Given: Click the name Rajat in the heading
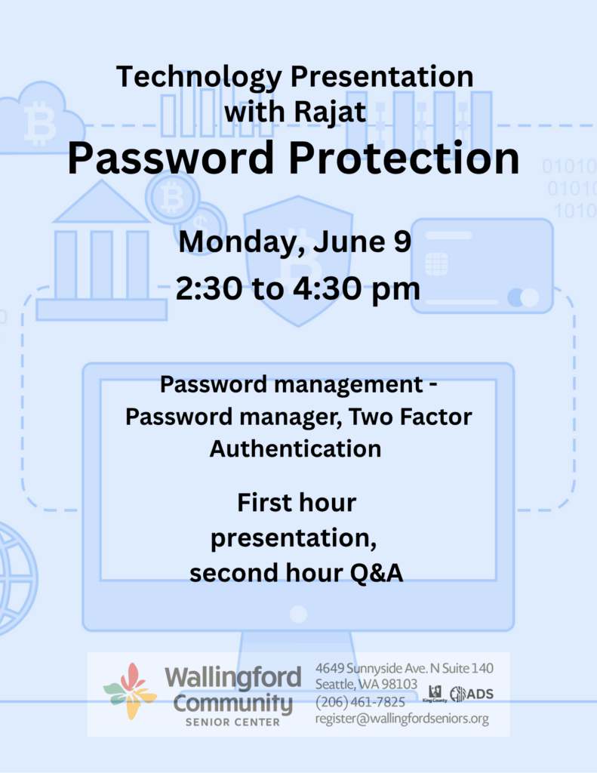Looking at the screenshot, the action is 331,112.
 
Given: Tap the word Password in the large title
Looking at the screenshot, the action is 170,159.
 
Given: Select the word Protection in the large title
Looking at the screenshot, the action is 405,159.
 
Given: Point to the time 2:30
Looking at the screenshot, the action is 209,288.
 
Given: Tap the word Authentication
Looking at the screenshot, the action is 295,448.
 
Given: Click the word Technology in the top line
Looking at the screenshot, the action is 199,78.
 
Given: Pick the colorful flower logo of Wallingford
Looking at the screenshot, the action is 130,691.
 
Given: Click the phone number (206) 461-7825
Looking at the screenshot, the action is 360,701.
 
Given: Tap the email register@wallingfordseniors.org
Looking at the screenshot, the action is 402,719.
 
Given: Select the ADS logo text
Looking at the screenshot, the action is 480,694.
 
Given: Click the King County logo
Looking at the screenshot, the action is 435,694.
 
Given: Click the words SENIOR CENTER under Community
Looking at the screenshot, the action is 232,722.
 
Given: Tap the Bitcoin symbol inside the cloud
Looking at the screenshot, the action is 39,123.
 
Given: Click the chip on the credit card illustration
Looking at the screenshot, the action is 436,264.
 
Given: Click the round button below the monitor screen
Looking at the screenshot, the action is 298,614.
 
